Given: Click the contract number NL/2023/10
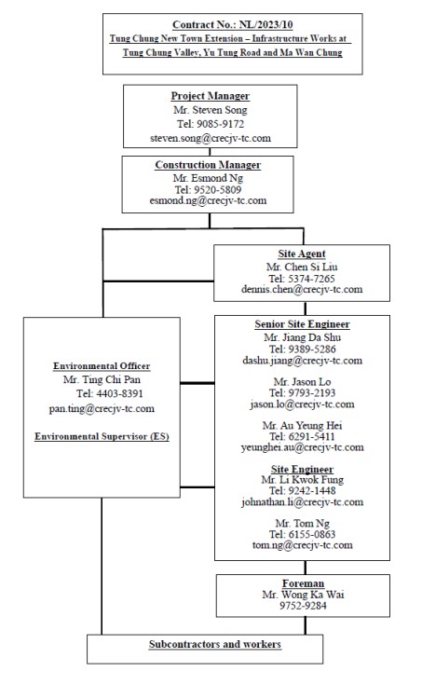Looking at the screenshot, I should pos(259,24).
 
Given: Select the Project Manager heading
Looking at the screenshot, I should pos(210,96).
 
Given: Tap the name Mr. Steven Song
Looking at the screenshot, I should pos(210,110).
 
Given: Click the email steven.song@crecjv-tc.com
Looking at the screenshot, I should pos(210,137).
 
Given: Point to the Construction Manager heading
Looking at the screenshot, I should pos(208,165).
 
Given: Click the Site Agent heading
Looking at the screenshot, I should pos(301,253).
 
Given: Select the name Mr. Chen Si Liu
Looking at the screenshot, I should pos(301,266).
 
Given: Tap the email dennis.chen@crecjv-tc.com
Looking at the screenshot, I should pos(301,290).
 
